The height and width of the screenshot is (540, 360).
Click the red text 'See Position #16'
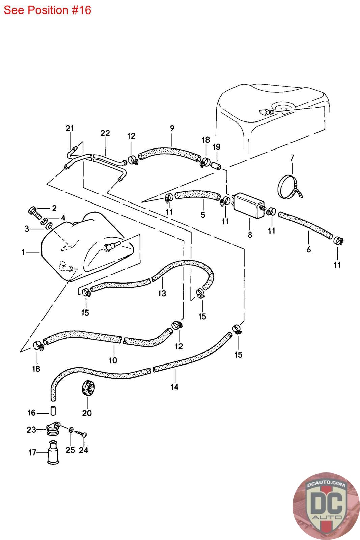click(x=48, y=10)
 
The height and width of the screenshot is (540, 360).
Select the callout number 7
click(x=292, y=157)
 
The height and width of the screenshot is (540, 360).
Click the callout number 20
click(x=87, y=413)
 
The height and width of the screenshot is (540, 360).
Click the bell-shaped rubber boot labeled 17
click(x=53, y=453)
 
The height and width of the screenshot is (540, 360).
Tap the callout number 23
click(x=31, y=430)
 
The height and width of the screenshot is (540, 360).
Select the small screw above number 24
click(x=81, y=433)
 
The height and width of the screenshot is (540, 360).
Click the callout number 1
click(x=23, y=252)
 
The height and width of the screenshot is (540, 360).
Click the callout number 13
click(x=162, y=293)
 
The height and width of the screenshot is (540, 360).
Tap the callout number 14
click(x=174, y=387)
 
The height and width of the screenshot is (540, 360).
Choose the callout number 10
click(x=113, y=360)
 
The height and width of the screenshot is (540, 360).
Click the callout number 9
click(x=172, y=128)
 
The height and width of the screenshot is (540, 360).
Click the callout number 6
click(x=308, y=250)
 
